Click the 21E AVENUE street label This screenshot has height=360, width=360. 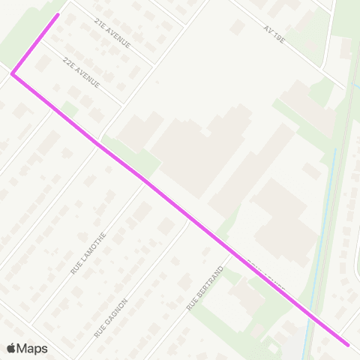(113, 34)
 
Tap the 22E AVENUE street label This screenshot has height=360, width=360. (81, 71)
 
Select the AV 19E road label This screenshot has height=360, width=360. (274, 34)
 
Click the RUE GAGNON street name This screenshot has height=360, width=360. (111, 317)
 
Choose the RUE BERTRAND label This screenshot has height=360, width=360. (205, 289)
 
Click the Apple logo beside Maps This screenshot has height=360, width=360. (11, 348)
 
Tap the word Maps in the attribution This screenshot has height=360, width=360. (32, 348)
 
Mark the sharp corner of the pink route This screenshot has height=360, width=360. (12, 73)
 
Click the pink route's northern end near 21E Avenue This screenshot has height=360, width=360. (58, 14)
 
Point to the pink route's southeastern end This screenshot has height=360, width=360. (348, 345)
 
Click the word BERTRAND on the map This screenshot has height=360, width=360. (209, 283)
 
